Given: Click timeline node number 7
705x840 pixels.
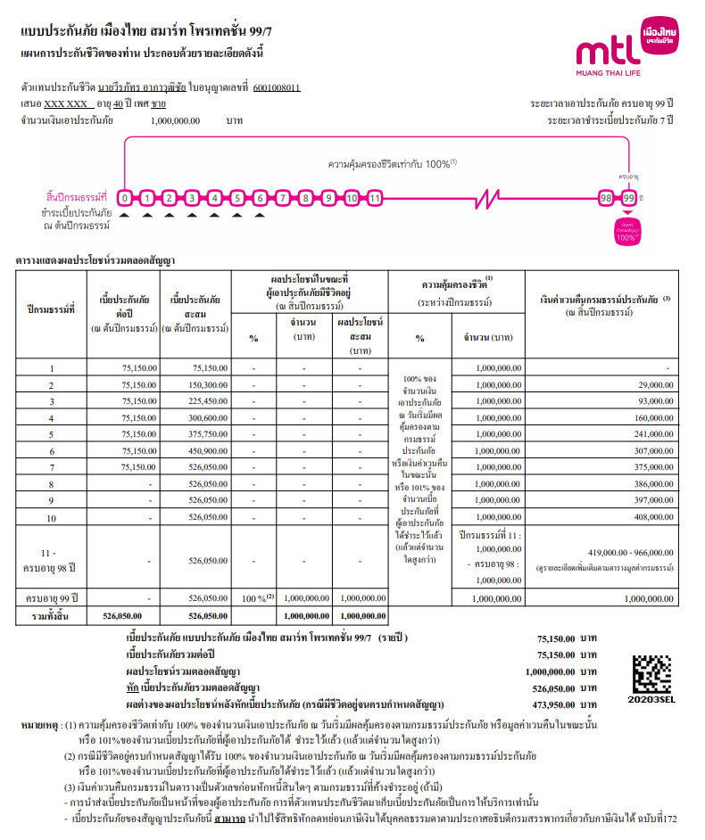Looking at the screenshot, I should tap(283, 197).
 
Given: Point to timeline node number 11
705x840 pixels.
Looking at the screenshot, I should tap(375, 197).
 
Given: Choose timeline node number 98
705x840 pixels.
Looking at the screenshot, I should tap(606, 197).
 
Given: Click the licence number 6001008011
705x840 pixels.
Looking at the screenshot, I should tap(277, 88).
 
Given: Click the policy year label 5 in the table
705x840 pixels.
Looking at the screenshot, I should tap(51, 434).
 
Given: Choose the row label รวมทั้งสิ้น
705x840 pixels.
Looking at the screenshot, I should tap(51, 615).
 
